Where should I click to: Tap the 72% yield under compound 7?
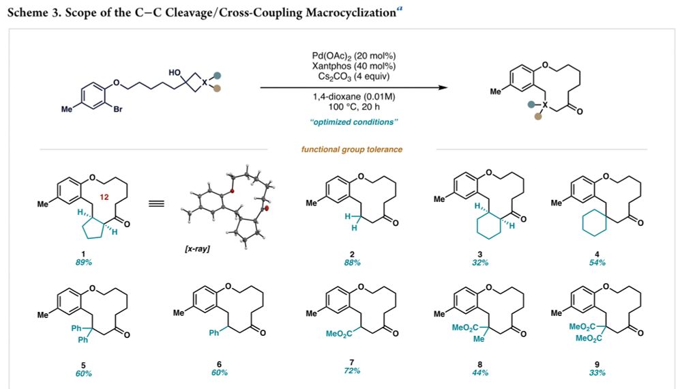click(x=352, y=371)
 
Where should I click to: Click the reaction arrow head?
click(x=444, y=87)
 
